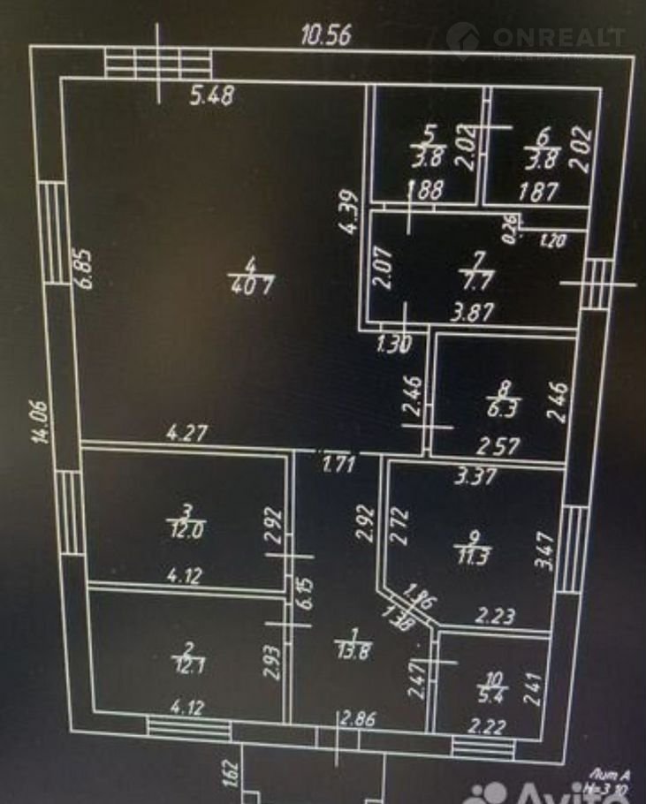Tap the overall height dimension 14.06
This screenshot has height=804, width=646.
[x=43, y=423]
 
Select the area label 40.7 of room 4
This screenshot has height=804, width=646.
[x=253, y=286]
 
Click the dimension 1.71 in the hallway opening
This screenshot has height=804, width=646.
[x=338, y=462]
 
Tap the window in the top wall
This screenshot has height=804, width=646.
[x=158, y=64]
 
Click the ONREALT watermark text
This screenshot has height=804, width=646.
[x=559, y=37]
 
